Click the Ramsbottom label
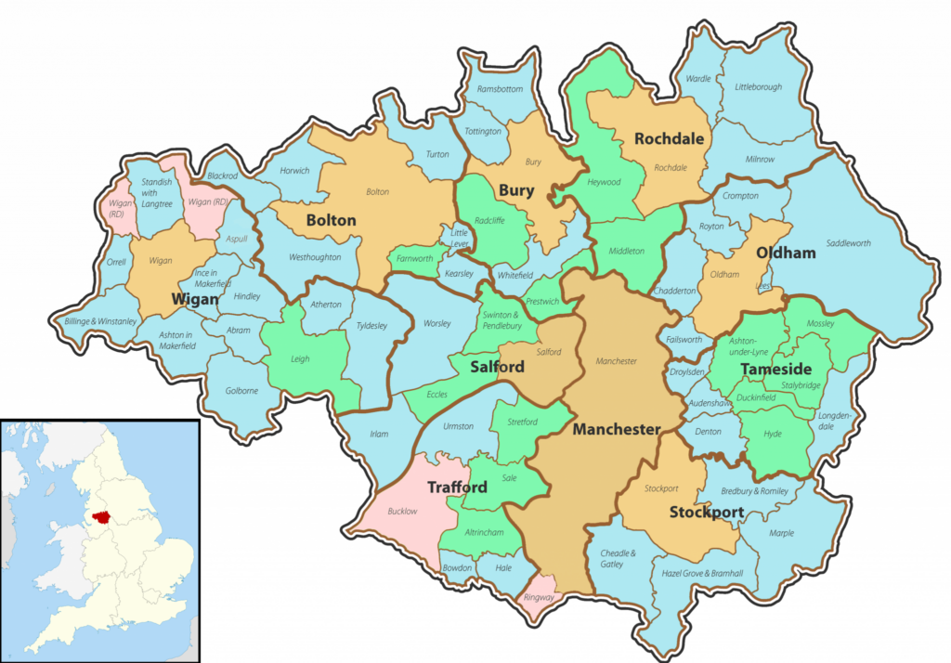[x=501, y=89]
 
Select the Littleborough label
[x=758, y=87]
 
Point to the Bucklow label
[x=403, y=512]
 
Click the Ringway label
[x=540, y=597]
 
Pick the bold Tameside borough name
[x=776, y=370]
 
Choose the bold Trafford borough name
[x=457, y=487]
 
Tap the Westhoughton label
[x=315, y=257]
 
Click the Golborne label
[x=241, y=391]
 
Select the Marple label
[x=782, y=533]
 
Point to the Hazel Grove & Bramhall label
[x=702, y=573]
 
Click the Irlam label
[x=379, y=435]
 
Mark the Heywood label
[x=604, y=182]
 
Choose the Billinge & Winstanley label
[x=100, y=321]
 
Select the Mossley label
[x=820, y=324]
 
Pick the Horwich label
[x=294, y=171]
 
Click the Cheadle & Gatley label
[x=619, y=558]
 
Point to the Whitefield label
[x=515, y=275]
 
